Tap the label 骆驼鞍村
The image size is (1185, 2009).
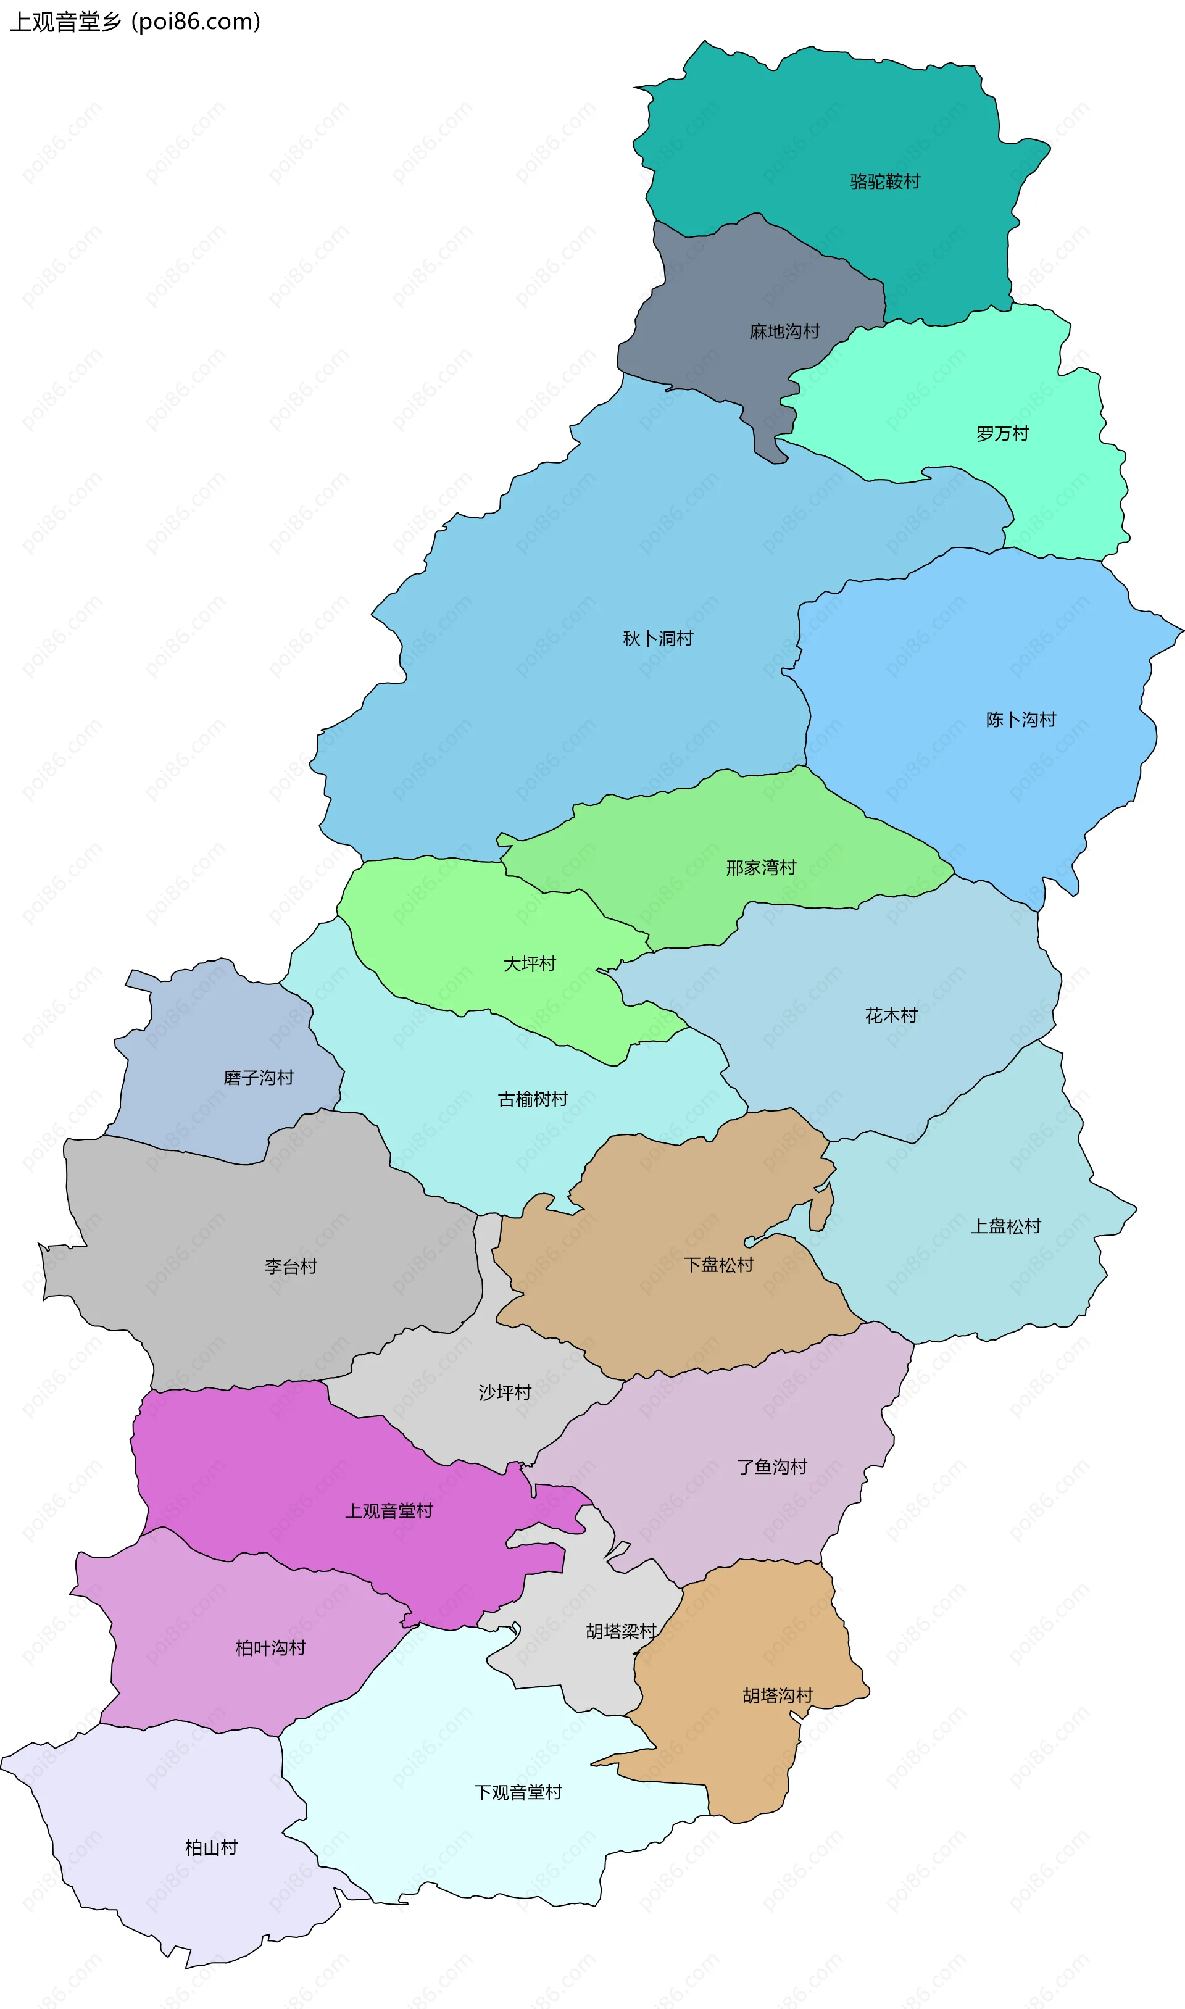pyautogui.click(x=885, y=182)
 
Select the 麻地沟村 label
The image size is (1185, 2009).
pyautogui.click(x=784, y=332)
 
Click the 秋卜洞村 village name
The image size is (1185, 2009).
pyautogui.click(x=658, y=639)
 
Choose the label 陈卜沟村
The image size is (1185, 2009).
pyautogui.click(x=1020, y=720)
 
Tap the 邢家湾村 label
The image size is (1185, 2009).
pyautogui.click(x=761, y=868)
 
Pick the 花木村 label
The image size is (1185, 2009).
pyautogui.click(x=891, y=1017)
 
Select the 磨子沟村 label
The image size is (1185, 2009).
pyautogui.click(x=259, y=1079)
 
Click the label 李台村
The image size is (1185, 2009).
pyautogui.click(x=291, y=1267)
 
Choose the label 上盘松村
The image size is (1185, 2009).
pyautogui.click(x=1005, y=1227)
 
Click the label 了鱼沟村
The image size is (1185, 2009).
pyautogui.click(x=771, y=1468)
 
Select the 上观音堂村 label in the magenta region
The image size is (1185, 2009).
pyautogui.click(x=389, y=1512)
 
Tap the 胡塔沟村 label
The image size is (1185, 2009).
pyautogui.click(x=777, y=1696)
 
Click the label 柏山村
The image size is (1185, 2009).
pyautogui.click(x=212, y=1849)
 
